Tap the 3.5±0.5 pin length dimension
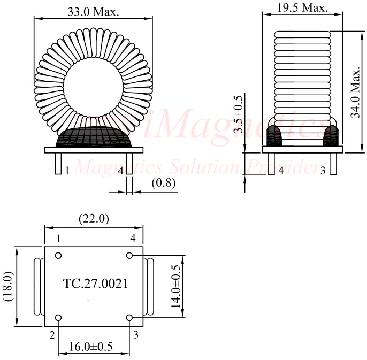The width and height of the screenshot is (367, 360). click(239, 113)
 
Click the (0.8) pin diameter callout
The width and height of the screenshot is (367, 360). click(163, 183)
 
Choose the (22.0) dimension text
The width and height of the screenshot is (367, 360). click(94, 218)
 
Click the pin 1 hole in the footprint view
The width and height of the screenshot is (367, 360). click(58, 256)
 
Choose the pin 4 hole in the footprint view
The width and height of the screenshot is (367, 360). click(129, 256)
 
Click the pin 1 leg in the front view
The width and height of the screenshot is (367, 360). click(58, 164)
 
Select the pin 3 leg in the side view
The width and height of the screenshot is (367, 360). click(333, 164)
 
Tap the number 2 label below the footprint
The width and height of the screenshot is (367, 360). click(52, 335)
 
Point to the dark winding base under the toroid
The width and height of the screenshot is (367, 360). click(94, 137)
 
